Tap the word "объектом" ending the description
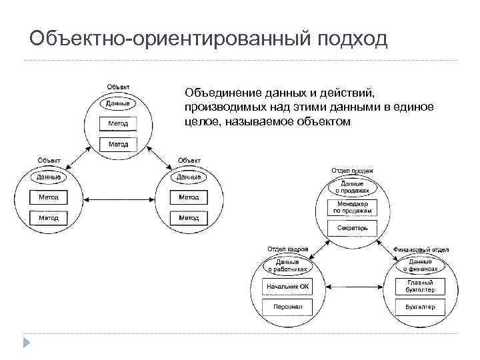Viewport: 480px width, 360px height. click(x=318, y=121)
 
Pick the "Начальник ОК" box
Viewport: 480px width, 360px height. click(x=288, y=287)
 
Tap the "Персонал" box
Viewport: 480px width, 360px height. click(x=288, y=307)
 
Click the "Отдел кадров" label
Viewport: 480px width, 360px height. click(x=287, y=249)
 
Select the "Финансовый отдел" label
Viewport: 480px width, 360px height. click(x=421, y=249)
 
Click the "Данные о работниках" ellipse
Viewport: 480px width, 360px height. click(x=287, y=265)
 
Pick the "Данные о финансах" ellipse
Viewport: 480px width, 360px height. click(x=420, y=265)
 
